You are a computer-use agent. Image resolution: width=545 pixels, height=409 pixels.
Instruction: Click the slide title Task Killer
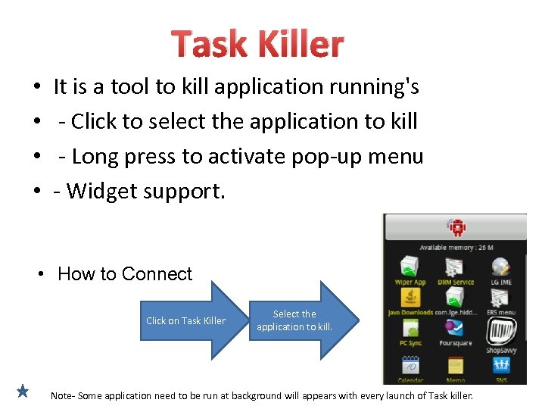pyautogui.click(x=257, y=45)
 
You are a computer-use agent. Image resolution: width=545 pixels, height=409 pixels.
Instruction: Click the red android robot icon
pyautogui.click(x=456, y=226)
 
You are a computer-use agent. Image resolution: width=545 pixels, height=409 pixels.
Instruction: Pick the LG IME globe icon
pyautogui.click(x=500, y=267)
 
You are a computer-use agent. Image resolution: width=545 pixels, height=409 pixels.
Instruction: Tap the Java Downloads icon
pyautogui.click(x=410, y=297)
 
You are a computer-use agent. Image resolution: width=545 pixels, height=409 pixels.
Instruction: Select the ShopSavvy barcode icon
pyautogui.click(x=500, y=330)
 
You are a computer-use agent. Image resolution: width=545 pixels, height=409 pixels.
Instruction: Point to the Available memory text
pyautogui.click(x=456, y=248)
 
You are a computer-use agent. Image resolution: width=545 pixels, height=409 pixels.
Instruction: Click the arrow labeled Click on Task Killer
pyautogui.click(x=189, y=320)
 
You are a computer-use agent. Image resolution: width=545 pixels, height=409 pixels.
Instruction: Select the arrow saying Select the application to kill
pyautogui.click(x=299, y=320)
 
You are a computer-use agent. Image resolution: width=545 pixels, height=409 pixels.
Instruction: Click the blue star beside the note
pyautogui.click(x=23, y=392)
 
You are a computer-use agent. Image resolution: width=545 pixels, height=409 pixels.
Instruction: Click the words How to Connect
pyautogui.click(x=125, y=274)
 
